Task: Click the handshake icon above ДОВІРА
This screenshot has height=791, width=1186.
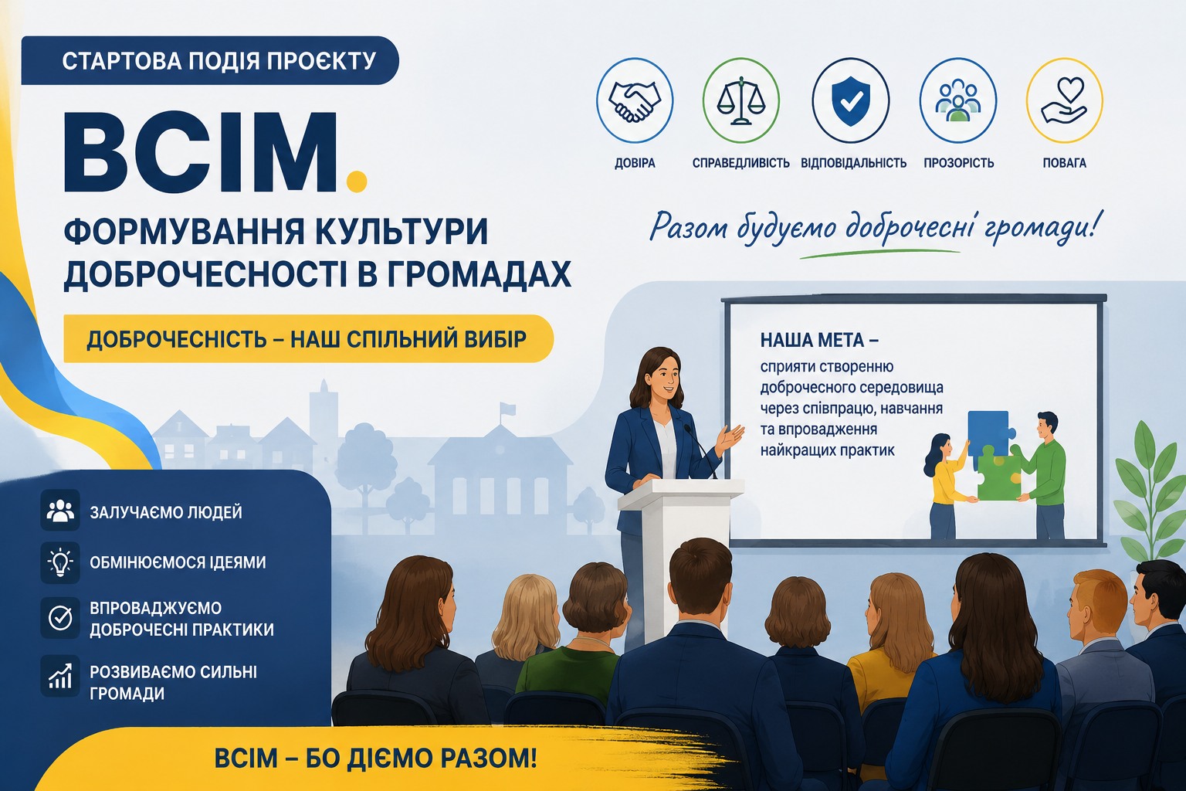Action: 634,101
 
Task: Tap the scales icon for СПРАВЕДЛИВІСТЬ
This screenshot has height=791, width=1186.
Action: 741,101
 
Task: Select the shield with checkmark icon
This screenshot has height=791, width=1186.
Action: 851,100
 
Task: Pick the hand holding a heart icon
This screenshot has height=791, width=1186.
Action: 1064,100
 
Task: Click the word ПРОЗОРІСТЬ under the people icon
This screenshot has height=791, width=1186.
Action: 958,163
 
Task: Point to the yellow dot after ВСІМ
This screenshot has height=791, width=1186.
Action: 356,181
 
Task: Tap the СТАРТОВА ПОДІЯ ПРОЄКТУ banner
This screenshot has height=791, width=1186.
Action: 210,60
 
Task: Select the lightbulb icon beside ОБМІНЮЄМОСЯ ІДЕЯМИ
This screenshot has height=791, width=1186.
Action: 59,562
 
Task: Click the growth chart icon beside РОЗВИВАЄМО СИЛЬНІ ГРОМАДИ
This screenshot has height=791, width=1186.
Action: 59,676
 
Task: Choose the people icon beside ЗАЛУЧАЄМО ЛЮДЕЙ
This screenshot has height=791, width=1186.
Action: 59,510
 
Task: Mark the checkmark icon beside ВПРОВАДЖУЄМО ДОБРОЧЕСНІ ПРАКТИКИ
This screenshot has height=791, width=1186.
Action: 59,618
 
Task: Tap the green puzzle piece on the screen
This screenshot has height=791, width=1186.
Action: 998,475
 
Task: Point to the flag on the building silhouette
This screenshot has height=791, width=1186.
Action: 507,409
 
